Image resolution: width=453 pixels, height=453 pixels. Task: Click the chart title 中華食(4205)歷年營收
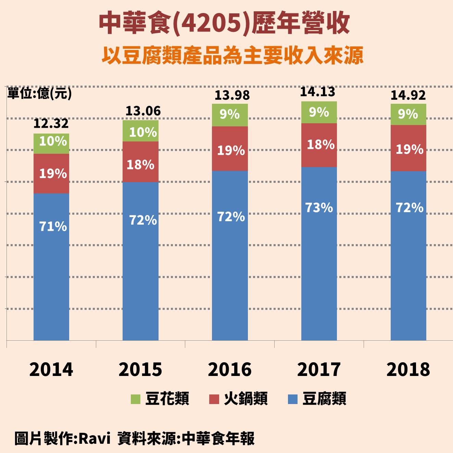click(224, 24)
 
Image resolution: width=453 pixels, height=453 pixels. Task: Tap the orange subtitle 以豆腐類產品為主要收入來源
click(232, 55)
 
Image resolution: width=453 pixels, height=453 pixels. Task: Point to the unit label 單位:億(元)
click(39, 93)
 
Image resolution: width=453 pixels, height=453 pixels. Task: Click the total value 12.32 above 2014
click(51, 123)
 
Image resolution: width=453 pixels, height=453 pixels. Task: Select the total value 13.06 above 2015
click(143, 111)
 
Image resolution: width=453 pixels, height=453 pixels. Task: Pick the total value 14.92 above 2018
click(408, 95)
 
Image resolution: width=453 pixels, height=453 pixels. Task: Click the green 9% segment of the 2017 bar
click(319, 112)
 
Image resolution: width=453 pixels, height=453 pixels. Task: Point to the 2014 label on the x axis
click(51, 369)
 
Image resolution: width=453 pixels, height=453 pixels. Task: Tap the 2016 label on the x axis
click(230, 369)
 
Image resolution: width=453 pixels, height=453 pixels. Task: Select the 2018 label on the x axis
click(408, 369)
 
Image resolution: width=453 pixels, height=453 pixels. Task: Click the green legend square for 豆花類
click(136, 399)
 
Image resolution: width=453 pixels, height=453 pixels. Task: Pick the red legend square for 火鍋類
click(214, 399)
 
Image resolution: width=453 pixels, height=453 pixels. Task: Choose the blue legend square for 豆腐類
click(293, 399)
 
